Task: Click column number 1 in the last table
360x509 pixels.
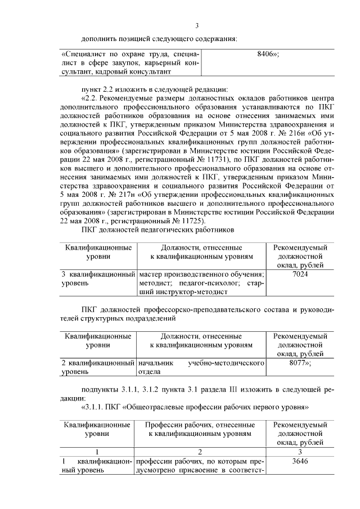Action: [97, 451]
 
